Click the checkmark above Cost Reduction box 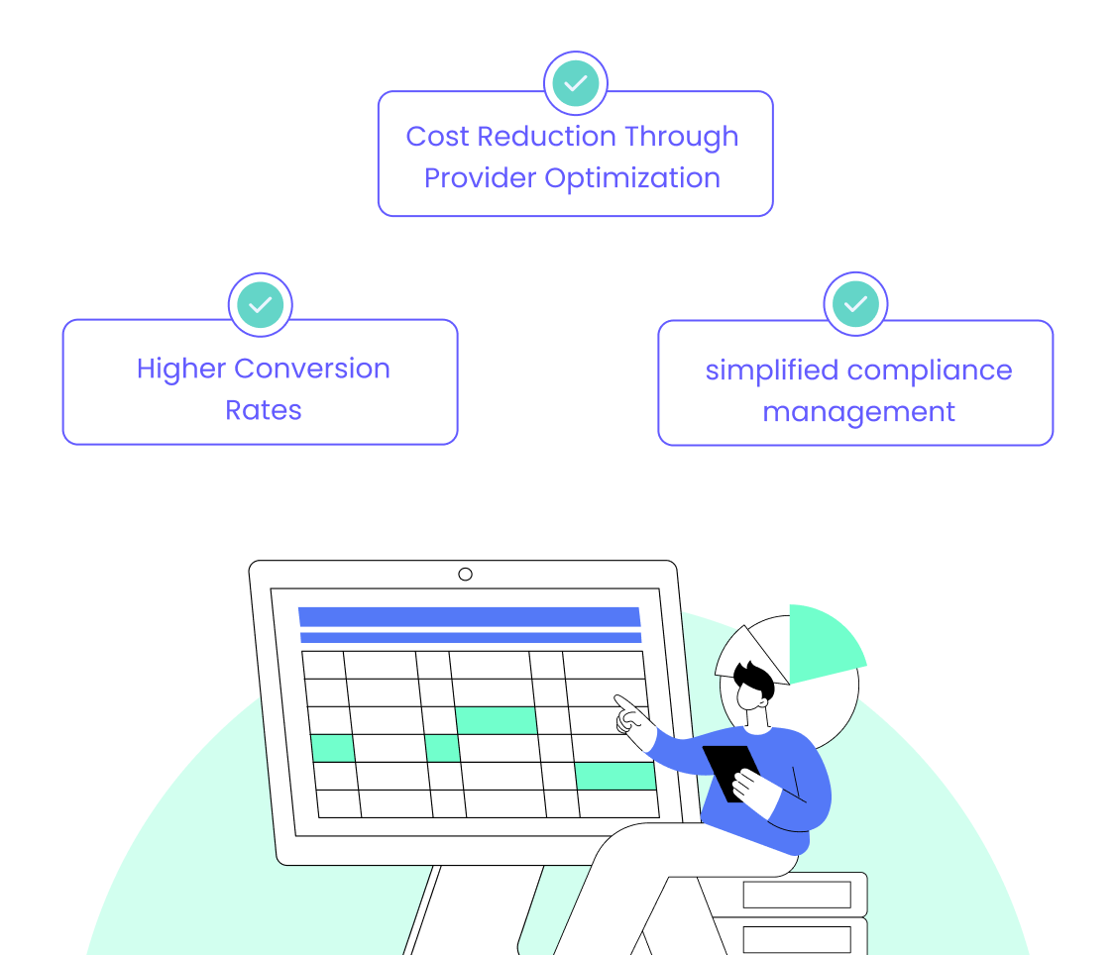click(x=575, y=83)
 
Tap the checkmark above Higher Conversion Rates click(x=260, y=305)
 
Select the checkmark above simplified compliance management click(x=855, y=304)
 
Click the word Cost click(x=438, y=137)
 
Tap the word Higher click(x=181, y=369)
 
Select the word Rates click(x=263, y=410)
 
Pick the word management click(x=858, y=412)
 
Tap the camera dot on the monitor click(x=465, y=574)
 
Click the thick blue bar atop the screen click(x=469, y=616)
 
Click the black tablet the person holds click(x=731, y=769)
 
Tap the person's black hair click(x=755, y=681)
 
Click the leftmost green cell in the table click(x=332, y=748)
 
